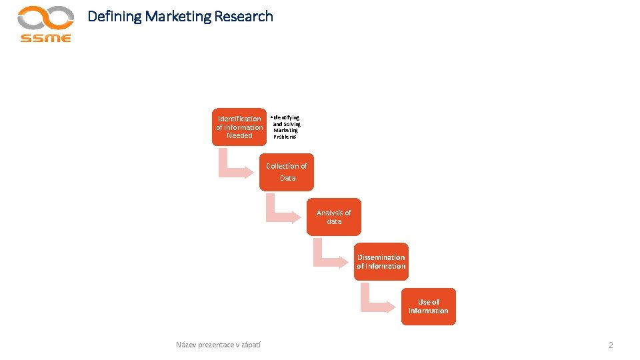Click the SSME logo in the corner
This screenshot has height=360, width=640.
pos(45,24)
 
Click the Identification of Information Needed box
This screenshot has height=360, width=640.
pos(239,127)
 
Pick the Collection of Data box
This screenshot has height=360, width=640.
pos(287,172)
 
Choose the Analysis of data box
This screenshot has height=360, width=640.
pos(334,217)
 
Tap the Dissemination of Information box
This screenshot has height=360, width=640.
pos(381,261)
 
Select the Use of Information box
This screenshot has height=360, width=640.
pos(428,306)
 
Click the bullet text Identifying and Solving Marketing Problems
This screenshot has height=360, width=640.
pos(287,127)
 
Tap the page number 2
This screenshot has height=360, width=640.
pos(610,345)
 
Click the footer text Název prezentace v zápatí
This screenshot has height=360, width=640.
pos(218,345)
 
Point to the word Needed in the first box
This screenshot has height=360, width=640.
pos(239,136)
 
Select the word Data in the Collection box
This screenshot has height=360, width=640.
pos(287,178)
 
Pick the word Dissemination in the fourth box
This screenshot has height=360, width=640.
pos(381,257)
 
